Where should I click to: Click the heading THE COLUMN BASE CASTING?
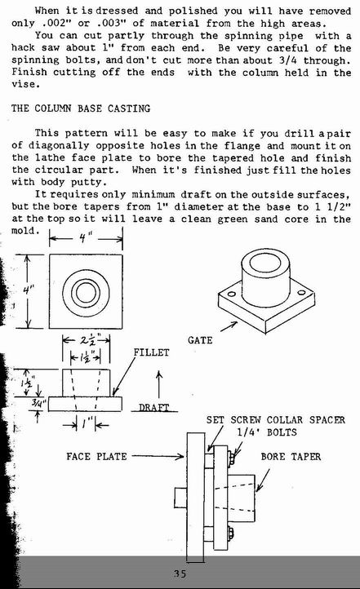click(81, 108)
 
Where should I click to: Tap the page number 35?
click(180, 573)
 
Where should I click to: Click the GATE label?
click(200, 340)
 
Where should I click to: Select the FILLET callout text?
click(152, 352)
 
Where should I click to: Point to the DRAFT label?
click(154, 407)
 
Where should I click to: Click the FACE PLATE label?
click(96, 456)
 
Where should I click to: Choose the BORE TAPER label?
click(291, 457)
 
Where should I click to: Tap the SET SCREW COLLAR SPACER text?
click(276, 419)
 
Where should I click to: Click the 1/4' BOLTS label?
click(267, 432)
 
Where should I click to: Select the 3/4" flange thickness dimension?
click(38, 404)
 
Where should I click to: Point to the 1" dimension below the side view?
click(85, 424)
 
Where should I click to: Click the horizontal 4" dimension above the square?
click(85, 237)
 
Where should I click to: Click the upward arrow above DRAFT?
click(159, 384)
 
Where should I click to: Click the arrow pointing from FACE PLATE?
click(158, 456)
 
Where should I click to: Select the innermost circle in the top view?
click(86, 292)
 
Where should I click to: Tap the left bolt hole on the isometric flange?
click(231, 294)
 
